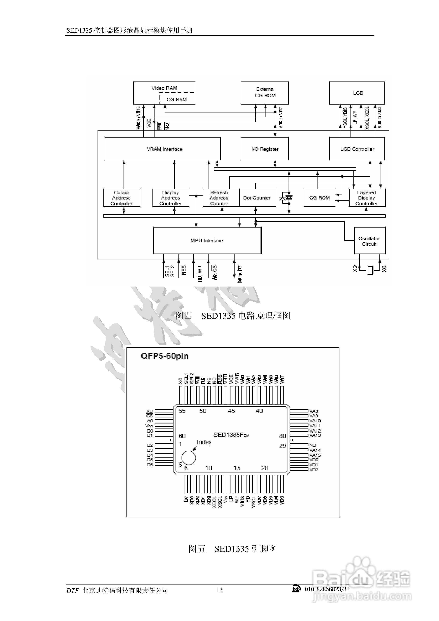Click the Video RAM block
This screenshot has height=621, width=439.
[x=164, y=93]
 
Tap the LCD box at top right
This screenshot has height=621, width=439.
[x=357, y=93]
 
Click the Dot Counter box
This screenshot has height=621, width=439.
[x=257, y=198]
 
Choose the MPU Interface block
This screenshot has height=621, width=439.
[x=207, y=240]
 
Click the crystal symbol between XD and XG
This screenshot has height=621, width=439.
[x=369, y=270]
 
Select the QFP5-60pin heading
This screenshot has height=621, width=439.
[x=164, y=356]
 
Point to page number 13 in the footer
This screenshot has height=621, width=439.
[x=219, y=590]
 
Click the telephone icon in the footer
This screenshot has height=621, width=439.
[x=297, y=589]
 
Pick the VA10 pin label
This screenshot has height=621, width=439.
[x=315, y=421]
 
